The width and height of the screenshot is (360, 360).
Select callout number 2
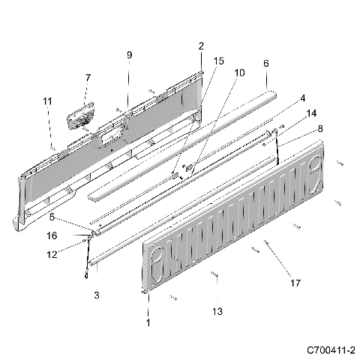(x=201, y=46)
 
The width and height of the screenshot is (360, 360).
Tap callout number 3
(x=96, y=296)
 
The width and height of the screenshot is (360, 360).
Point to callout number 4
(x=303, y=97)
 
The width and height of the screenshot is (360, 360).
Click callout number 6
(x=265, y=64)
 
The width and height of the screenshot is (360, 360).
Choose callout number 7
(x=88, y=77)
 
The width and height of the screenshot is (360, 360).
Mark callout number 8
(x=322, y=128)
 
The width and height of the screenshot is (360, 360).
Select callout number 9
(x=128, y=55)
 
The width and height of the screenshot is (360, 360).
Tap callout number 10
(x=240, y=73)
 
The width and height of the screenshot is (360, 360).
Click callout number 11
(x=47, y=100)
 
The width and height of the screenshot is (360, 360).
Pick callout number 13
(x=217, y=311)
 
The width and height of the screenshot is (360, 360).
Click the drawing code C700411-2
(x=330, y=349)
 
